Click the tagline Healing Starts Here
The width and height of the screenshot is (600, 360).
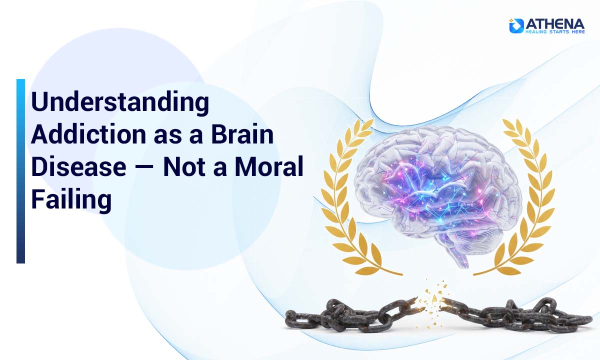(554, 31)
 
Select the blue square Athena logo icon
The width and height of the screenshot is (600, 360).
(516, 25)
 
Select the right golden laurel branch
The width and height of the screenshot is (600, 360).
(525, 200)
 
